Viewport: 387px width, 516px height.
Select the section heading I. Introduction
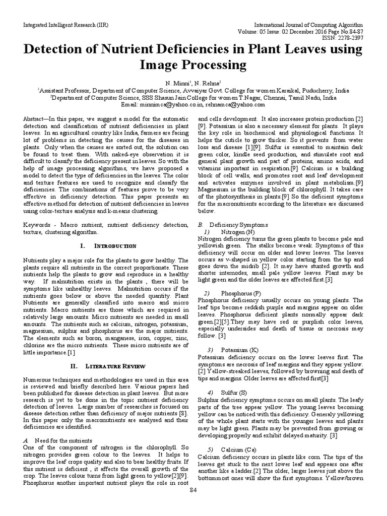tap(108, 245)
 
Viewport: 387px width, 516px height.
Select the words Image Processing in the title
tap(193, 66)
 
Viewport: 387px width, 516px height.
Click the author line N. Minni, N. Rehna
tap(193, 82)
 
